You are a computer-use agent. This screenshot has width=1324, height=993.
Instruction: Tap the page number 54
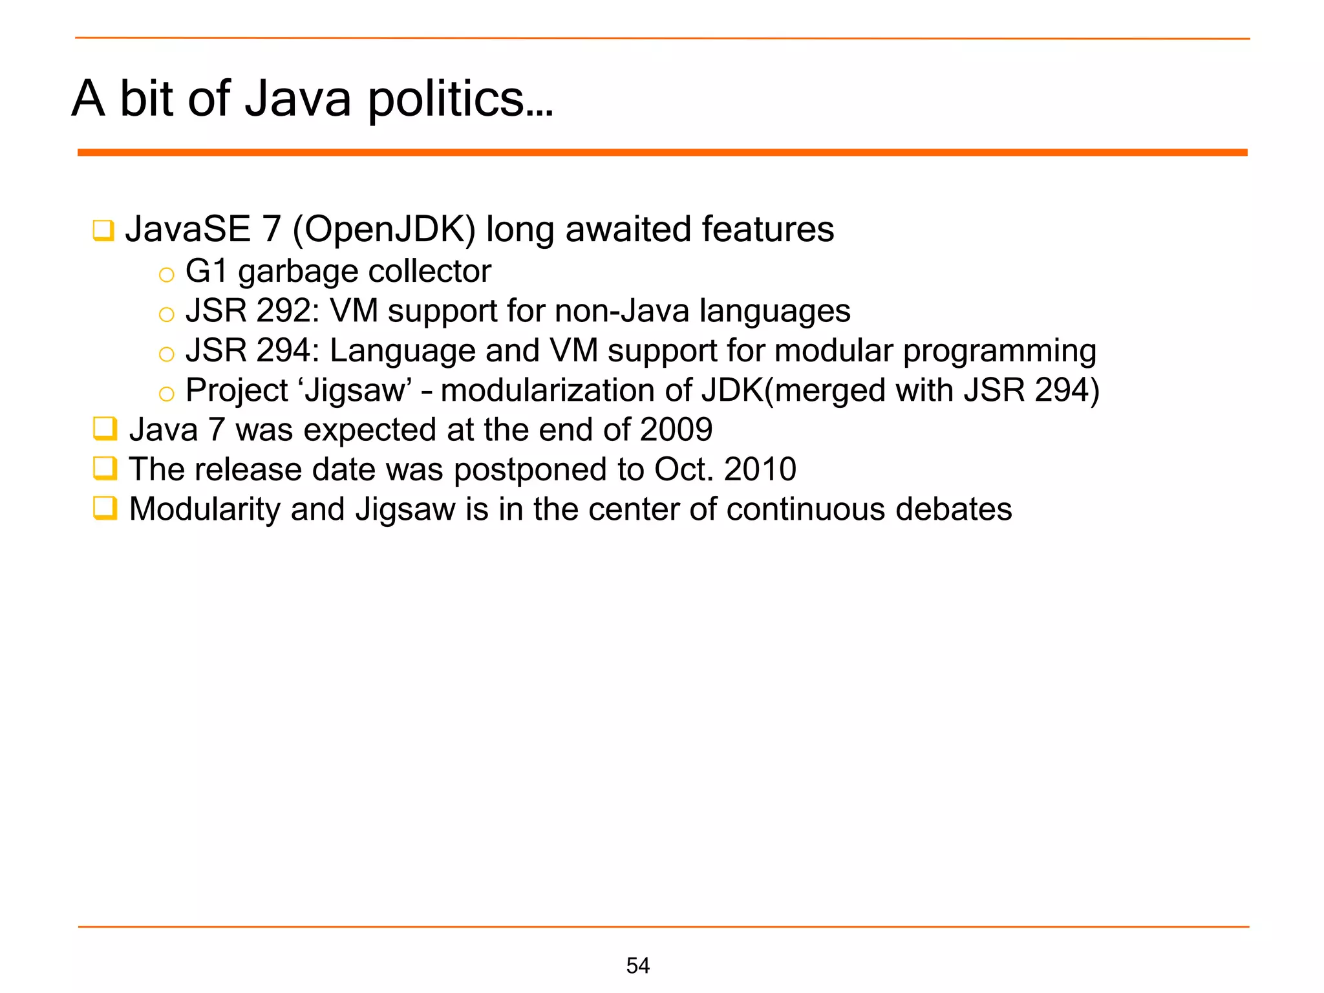(x=637, y=965)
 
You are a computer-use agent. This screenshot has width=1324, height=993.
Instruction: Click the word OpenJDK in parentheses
(x=384, y=230)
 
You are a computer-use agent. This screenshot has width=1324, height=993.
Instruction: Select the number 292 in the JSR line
(x=283, y=311)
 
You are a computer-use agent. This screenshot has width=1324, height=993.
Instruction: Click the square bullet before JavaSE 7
(x=103, y=231)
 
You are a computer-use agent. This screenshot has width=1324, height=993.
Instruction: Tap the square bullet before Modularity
(x=105, y=508)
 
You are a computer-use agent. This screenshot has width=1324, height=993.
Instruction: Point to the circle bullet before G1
(x=167, y=275)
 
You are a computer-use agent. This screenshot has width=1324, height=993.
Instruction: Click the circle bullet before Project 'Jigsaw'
(x=167, y=394)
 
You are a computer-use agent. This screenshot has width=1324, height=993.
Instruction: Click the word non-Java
(x=622, y=311)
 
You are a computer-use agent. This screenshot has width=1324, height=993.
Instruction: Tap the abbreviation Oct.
(x=683, y=469)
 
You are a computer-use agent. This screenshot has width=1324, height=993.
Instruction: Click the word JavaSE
(x=187, y=230)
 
